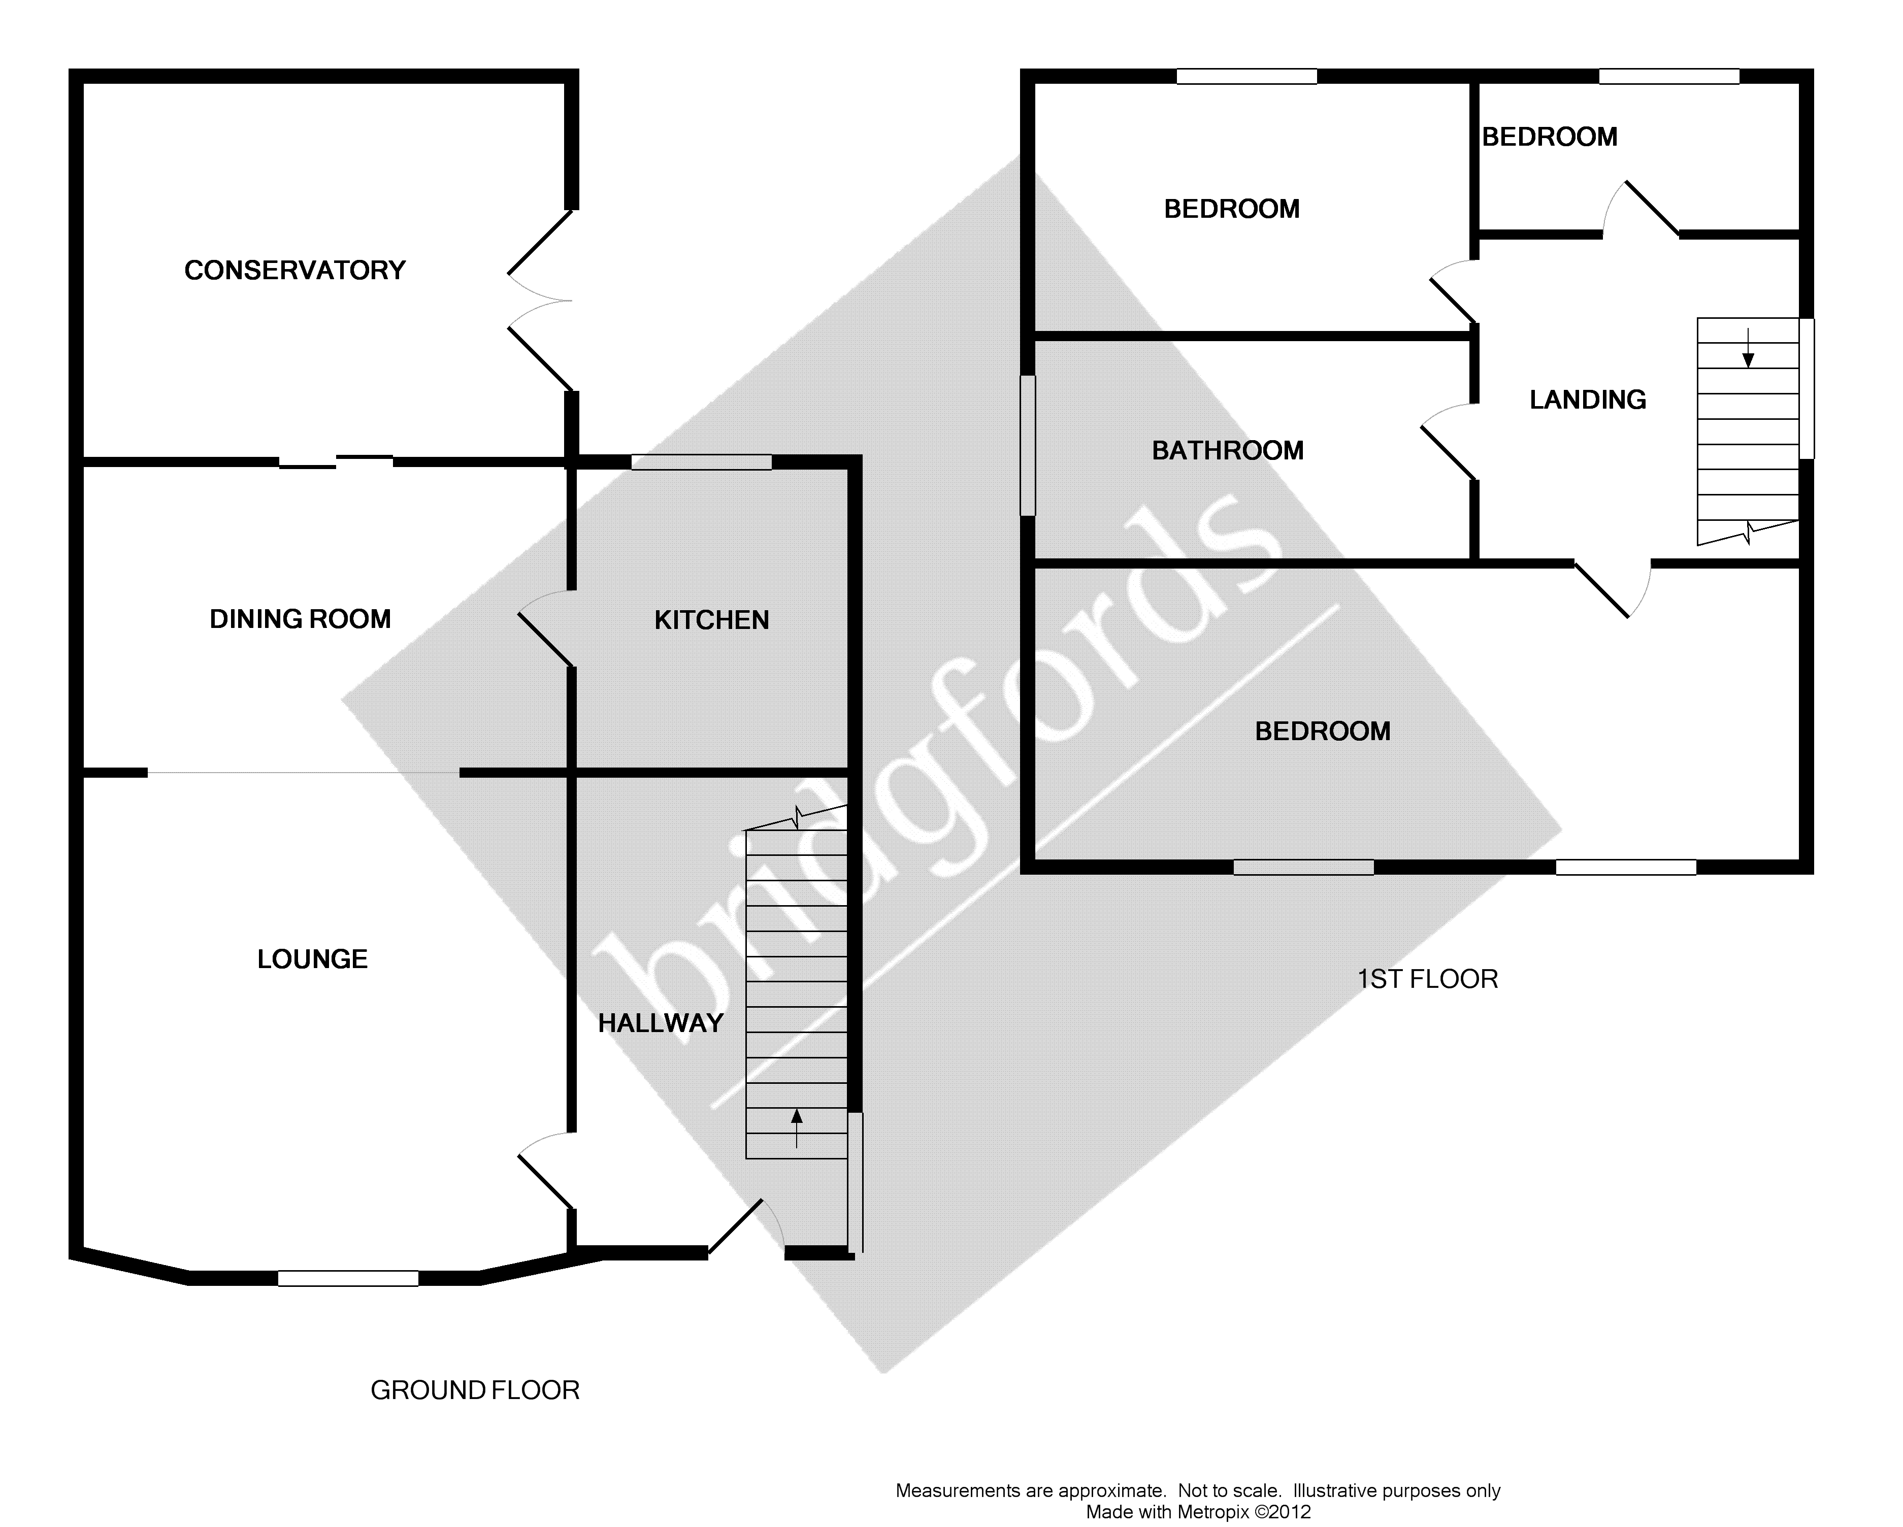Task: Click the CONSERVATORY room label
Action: [x=295, y=270]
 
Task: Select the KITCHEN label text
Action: [x=711, y=620]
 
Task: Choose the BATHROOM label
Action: [x=1228, y=450]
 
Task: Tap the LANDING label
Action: [x=1587, y=400]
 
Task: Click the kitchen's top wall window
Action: [x=702, y=461]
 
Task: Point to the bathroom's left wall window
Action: [x=1028, y=446]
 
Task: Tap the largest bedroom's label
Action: [x=1322, y=731]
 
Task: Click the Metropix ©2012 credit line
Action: [x=1198, y=1512]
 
